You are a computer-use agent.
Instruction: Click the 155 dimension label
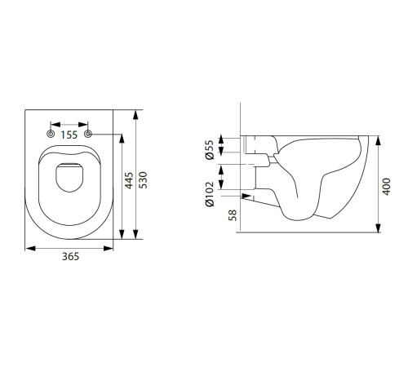click(69, 135)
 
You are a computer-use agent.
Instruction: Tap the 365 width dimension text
click(70, 256)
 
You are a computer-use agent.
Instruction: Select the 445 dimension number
click(129, 180)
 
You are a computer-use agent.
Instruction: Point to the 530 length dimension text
click(143, 180)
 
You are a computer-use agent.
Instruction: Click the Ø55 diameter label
click(210, 150)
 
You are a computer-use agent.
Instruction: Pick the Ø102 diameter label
click(210, 194)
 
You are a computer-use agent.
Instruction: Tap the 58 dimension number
click(233, 215)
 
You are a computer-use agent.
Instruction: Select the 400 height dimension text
click(387, 187)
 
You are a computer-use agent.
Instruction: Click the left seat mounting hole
click(51, 134)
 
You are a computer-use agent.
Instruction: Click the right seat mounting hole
click(88, 134)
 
